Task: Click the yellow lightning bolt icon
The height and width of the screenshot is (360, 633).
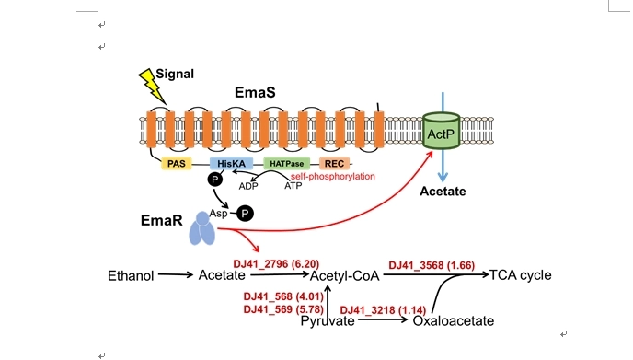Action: pos(152,86)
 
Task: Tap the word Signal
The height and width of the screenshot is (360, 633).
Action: pos(175,74)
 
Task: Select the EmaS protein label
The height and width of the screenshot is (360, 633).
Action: pos(255,92)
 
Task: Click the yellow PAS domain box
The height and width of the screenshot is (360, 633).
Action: pos(177,164)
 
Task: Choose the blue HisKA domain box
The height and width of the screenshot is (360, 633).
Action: pos(231,164)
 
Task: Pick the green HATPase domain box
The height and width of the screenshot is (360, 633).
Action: pos(287,164)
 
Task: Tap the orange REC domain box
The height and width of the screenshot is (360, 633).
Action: pos(334,164)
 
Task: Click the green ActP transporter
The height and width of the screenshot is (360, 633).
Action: pos(442,131)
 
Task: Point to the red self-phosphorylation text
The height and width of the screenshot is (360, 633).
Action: pos(333,176)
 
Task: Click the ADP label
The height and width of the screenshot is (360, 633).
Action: pos(248,186)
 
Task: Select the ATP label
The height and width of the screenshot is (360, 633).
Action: pos(293,186)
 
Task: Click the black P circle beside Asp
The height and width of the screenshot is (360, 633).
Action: pos(245,214)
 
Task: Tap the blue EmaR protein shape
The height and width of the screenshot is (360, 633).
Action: pos(202,228)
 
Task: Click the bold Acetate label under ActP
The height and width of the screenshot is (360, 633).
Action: pos(443,192)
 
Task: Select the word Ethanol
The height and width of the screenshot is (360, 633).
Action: pos(131,276)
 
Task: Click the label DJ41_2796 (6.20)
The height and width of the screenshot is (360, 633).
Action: pos(276,264)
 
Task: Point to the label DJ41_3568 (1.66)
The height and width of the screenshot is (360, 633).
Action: pos(432,265)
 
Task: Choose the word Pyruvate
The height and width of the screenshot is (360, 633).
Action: pos(328,321)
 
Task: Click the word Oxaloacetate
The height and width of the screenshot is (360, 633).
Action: pos(454,320)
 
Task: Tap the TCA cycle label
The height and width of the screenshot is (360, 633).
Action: pos(521,275)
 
